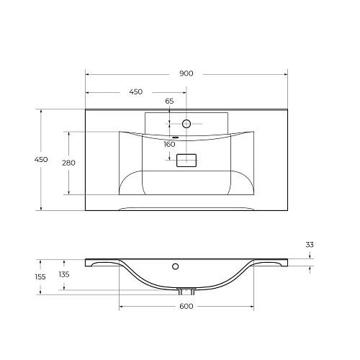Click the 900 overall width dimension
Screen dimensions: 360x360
pyautogui.click(x=186, y=73)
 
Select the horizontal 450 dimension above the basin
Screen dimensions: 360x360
pyautogui.click(x=135, y=92)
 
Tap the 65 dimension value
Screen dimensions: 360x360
pyautogui.click(x=170, y=102)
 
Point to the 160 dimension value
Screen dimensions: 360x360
pyautogui.click(x=170, y=144)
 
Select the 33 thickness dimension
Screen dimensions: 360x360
pyautogui.click(x=310, y=246)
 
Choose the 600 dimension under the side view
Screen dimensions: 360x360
pyautogui.click(x=186, y=307)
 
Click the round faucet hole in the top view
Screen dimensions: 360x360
pyautogui.click(x=186, y=124)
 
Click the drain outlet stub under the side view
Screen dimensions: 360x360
pyautogui.click(x=186, y=292)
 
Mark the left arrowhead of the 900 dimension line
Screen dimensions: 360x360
pyautogui.click(x=88, y=73)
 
